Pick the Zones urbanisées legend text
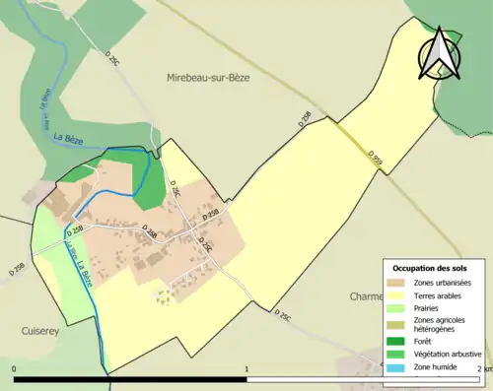[444, 284]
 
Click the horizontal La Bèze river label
[68, 135]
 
